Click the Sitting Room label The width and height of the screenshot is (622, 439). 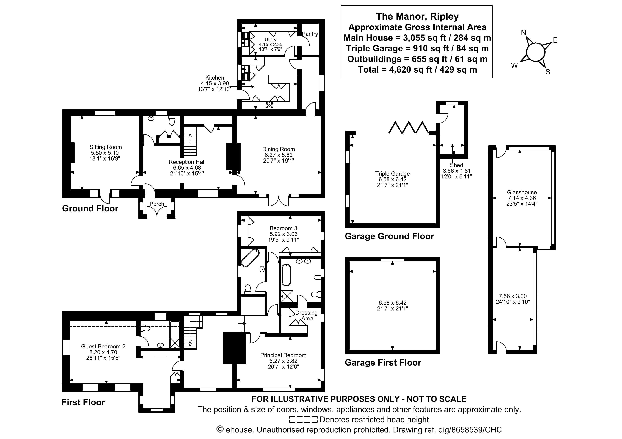(106, 147)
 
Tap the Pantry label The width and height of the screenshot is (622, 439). (310, 34)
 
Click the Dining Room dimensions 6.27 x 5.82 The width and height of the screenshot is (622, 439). (278, 155)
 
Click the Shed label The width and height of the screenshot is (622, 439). (457, 165)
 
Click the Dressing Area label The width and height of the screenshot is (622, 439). (306, 316)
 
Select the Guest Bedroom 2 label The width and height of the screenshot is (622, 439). (103, 346)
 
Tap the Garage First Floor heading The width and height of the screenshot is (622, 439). (383, 363)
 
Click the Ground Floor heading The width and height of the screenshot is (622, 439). (90, 208)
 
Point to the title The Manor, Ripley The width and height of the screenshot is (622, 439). (417, 16)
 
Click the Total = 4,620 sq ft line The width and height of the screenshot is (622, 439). (417, 70)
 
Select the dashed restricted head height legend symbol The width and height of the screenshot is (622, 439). (303, 420)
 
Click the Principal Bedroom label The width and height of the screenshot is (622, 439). (283, 355)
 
